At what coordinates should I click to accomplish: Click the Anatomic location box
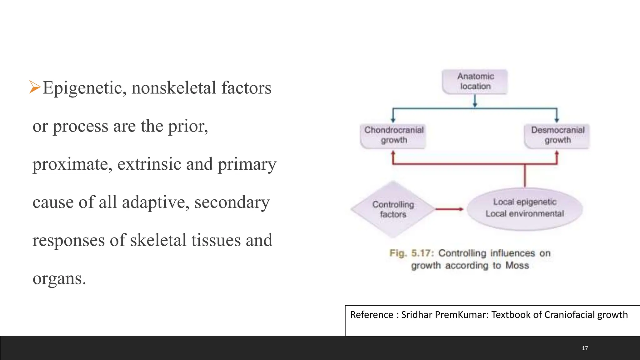pos(475,81)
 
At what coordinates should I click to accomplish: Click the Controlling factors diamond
pos(393,209)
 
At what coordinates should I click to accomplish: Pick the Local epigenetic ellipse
pos(525,208)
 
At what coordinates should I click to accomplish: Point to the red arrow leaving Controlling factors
pos(449,209)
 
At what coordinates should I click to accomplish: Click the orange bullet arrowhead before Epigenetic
pos(35,87)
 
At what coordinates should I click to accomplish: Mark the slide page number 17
pos(585,348)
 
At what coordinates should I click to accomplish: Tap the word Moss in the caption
pos(517,265)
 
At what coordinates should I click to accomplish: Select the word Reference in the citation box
pos(372,315)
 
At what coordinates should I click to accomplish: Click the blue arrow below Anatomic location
pos(475,101)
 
